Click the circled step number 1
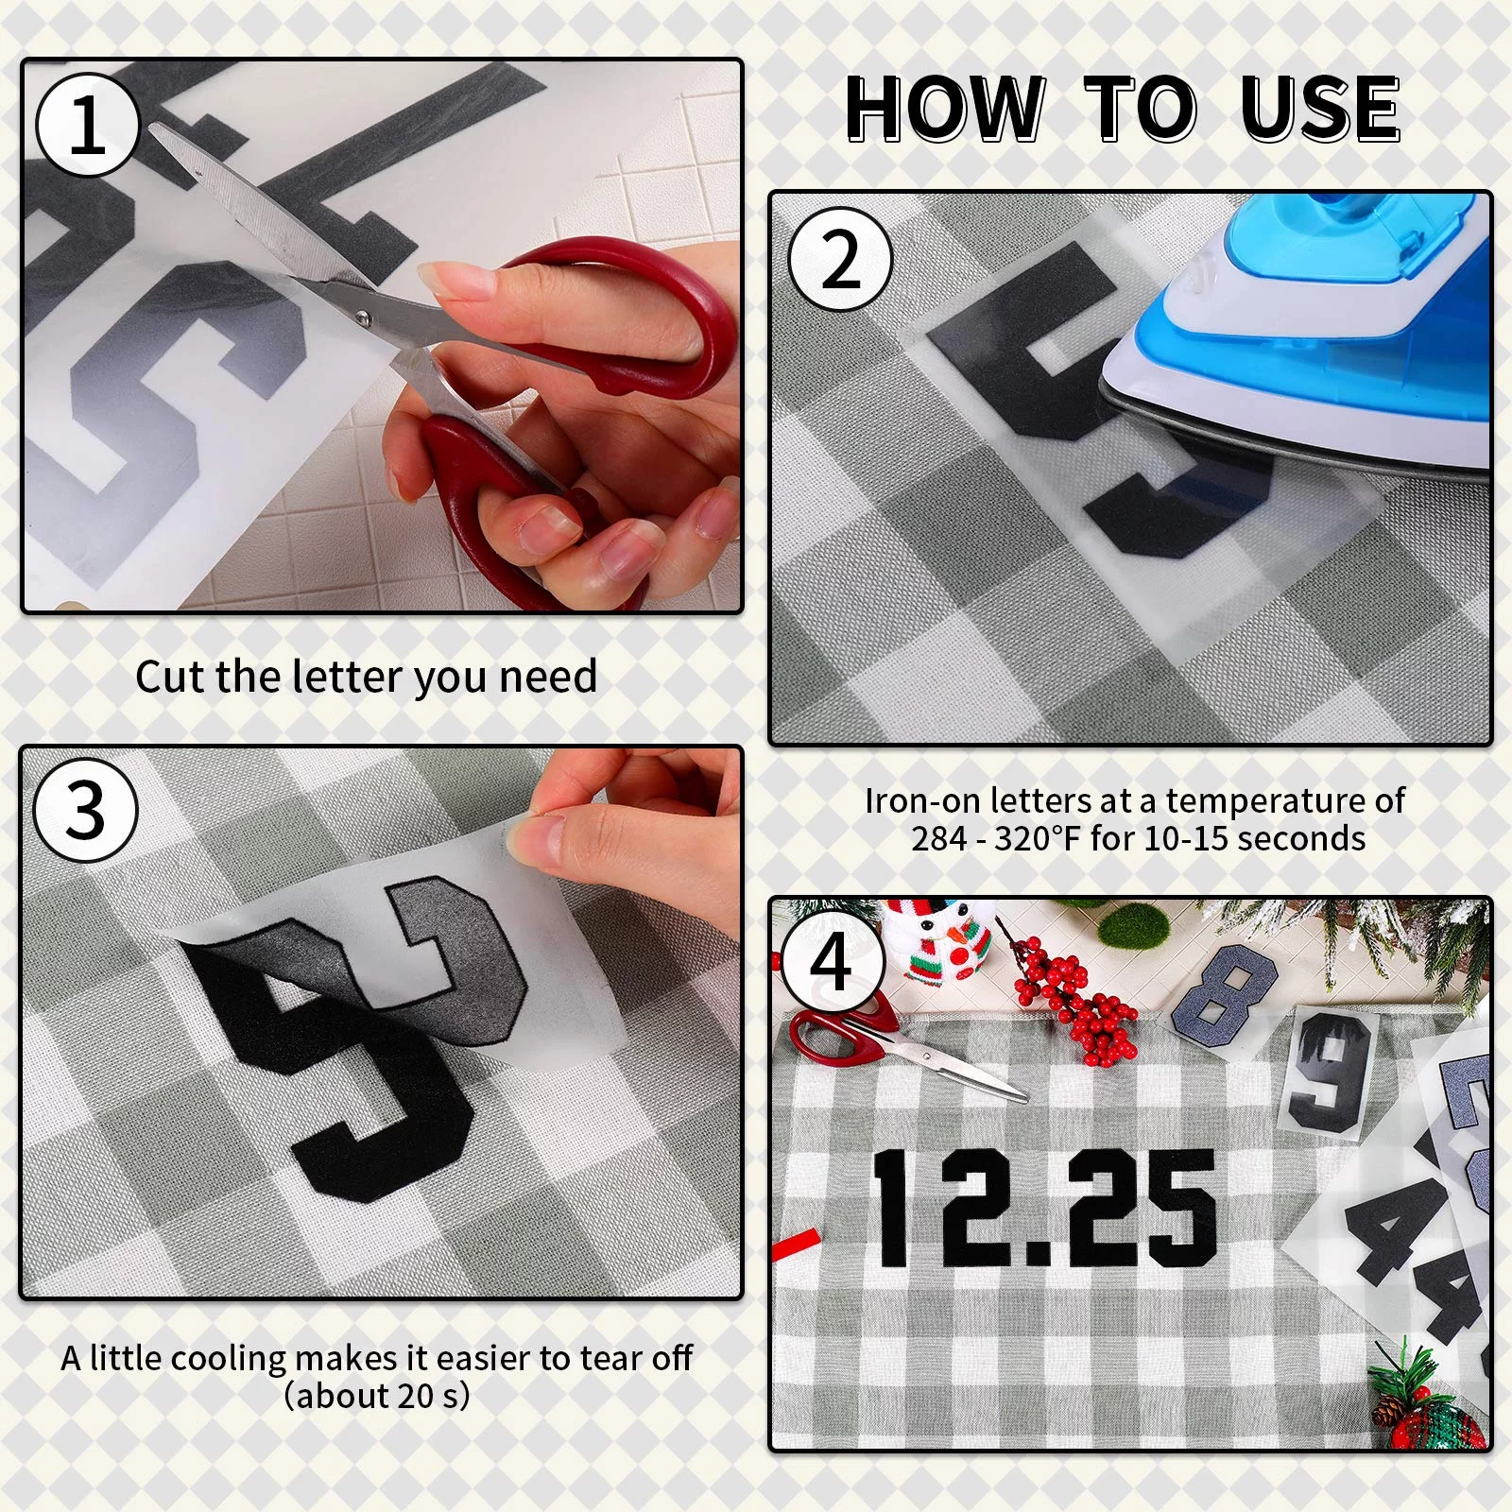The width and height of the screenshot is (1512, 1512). (x=88, y=126)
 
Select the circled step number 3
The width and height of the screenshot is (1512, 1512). (x=86, y=809)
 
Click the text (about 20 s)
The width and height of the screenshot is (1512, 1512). (x=377, y=1396)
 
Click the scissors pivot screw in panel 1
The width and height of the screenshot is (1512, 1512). (x=365, y=317)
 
